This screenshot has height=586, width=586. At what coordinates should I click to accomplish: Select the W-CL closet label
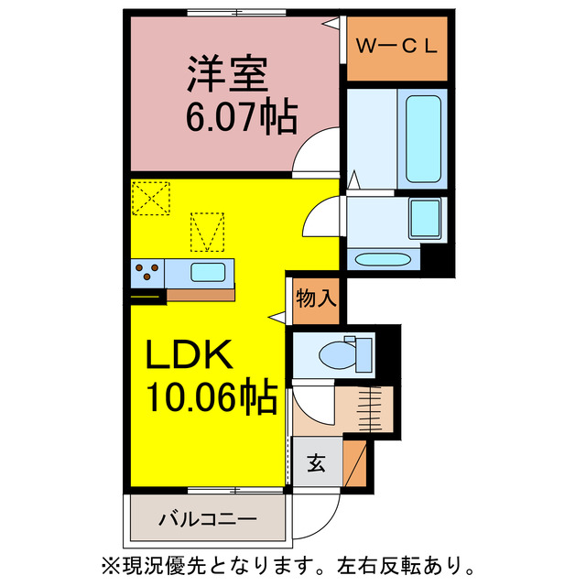click(x=396, y=44)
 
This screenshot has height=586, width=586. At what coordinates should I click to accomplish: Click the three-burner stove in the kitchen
click(x=147, y=271)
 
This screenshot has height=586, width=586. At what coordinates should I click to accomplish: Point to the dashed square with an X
click(x=150, y=197)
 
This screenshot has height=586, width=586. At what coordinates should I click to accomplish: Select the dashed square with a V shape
click(x=206, y=231)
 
